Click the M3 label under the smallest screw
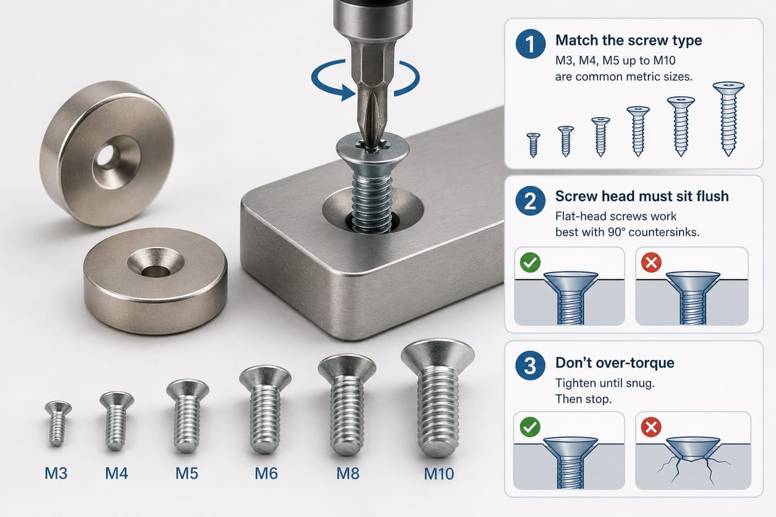56,473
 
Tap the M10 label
438,474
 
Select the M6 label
266,473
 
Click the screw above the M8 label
347,404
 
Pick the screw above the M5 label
188,416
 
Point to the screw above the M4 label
116,421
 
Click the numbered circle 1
530,44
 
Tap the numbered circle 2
530,200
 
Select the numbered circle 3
530,365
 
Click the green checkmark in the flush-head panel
530,262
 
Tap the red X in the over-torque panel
651,427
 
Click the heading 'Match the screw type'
629,41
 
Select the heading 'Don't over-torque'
615,363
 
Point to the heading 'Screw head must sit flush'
642,196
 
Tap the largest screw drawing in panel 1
728,119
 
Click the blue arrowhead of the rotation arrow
348,92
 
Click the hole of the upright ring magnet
106,156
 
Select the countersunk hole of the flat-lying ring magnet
156,262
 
